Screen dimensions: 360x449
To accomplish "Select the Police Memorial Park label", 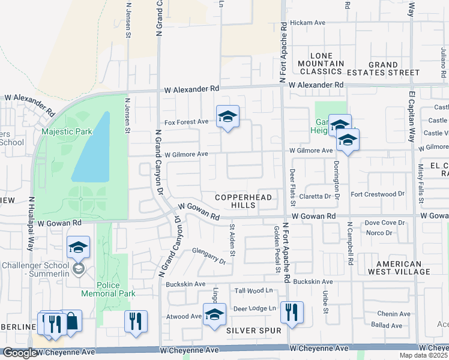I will [109, 289].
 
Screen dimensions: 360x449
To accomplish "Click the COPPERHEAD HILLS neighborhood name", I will [244, 201].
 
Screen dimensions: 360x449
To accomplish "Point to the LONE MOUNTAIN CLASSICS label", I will [321, 64].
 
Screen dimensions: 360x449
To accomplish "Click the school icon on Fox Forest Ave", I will [228, 117].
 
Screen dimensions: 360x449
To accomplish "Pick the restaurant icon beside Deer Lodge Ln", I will [292, 312].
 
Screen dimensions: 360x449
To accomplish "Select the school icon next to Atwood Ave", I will [214, 314].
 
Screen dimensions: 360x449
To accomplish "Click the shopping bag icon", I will [71, 322].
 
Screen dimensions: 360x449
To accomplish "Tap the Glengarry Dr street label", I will [209, 256].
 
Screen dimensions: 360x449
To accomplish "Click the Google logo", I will [20, 353].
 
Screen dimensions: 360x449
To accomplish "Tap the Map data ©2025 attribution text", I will [423, 355].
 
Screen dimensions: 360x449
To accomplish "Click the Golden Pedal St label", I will [277, 249].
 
